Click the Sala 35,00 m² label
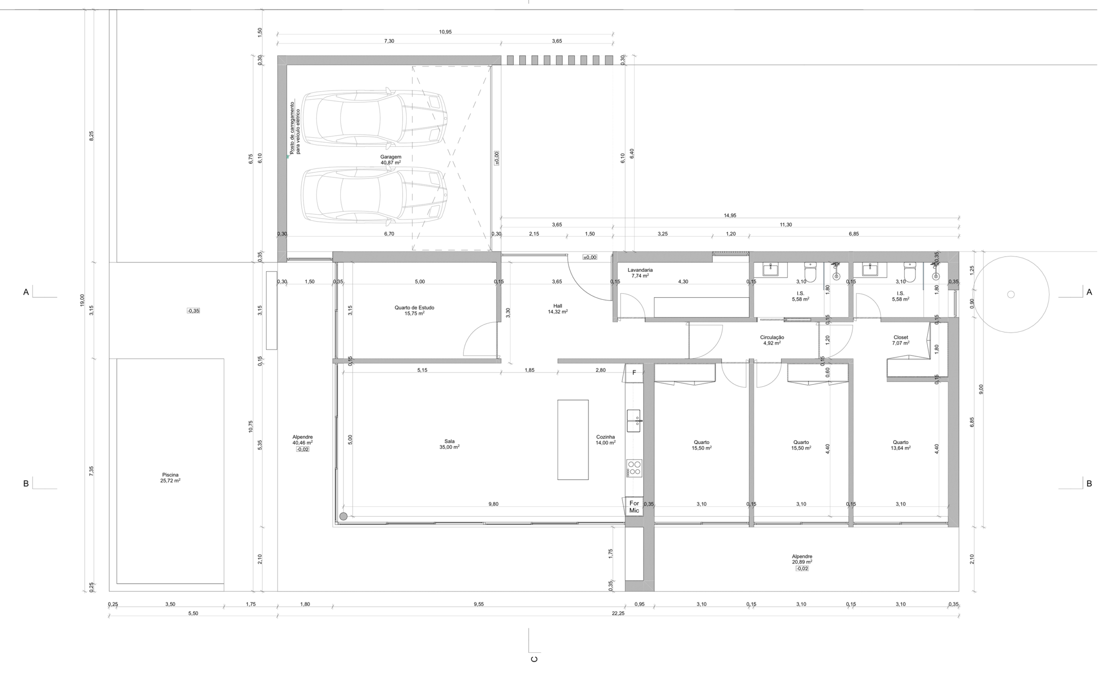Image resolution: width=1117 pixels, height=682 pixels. click(x=449, y=444)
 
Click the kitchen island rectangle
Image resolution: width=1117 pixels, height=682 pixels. click(x=573, y=439)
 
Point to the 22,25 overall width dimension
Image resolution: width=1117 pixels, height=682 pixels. click(x=618, y=613)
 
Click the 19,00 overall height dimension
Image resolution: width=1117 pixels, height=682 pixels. click(x=82, y=300)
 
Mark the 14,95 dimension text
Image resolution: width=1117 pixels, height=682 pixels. click(x=730, y=216)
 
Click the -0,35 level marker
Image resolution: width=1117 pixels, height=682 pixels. click(x=194, y=311)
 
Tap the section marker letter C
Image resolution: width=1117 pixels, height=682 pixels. click(x=534, y=659)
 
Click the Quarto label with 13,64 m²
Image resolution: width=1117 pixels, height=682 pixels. click(x=901, y=445)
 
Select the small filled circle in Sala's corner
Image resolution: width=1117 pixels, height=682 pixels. click(x=344, y=516)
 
